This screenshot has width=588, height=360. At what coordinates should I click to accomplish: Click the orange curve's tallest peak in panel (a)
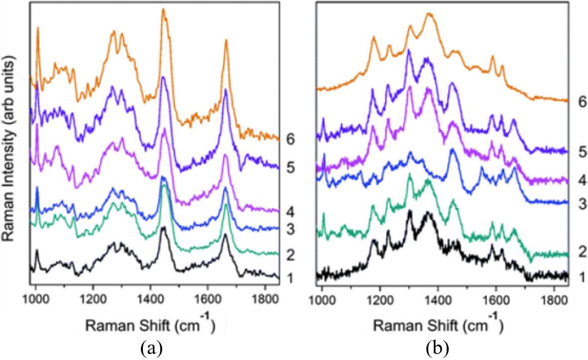[x=163, y=10]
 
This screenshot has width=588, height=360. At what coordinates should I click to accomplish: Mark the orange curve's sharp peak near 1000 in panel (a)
[x=38, y=29]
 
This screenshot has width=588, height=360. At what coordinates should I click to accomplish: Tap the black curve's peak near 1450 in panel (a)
[x=163, y=232]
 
